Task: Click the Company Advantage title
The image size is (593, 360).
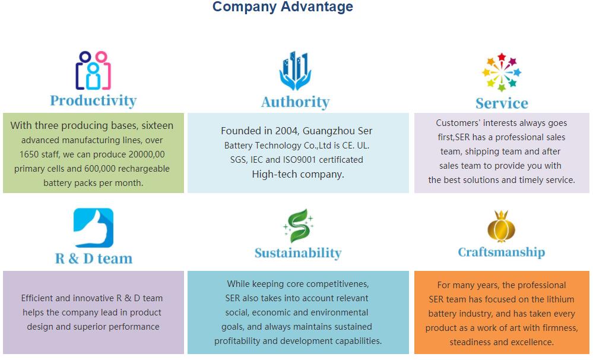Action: [x=283, y=7]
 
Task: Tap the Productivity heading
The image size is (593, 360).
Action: [x=93, y=101]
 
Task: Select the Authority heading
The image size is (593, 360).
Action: [x=296, y=102]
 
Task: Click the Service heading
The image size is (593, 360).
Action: [x=502, y=103]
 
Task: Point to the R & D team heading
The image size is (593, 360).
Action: [x=94, y=258]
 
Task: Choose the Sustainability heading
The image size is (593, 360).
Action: [x=298, y=253]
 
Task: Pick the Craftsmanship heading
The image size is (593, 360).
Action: [x=502, y=252]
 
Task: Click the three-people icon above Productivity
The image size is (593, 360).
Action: [x=93, y=71]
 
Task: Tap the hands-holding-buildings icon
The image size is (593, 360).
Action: [x=296, y=71]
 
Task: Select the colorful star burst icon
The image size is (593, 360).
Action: [x=502, y=72]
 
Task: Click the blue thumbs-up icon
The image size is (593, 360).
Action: [x=93, y=228]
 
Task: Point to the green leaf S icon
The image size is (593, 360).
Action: [x=299, y=226]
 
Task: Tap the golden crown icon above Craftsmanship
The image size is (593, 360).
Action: [x=502, y=226]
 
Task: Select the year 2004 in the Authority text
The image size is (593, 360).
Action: [x=287, y=131]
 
